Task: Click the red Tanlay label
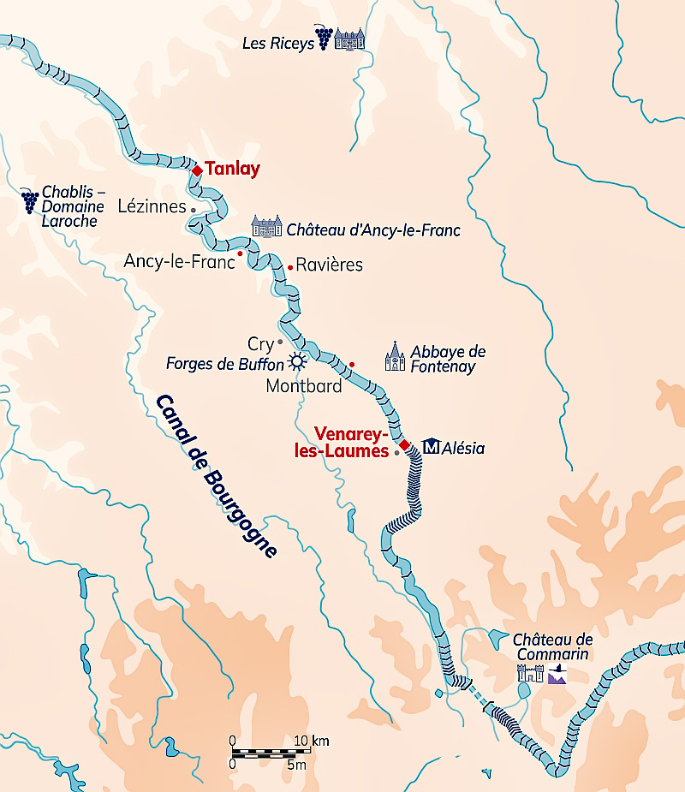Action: tap(232, 170)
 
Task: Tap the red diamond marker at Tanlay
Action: tap(197, 170)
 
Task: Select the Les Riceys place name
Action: tap(278, 44)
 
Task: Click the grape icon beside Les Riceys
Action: tap(324, 38)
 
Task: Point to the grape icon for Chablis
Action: tap(30, 202)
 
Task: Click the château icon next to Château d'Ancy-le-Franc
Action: tap(266, 227)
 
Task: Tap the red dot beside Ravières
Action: tap(290, 267)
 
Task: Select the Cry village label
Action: tap(259, 343)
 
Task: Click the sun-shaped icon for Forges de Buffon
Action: tap(297, 361)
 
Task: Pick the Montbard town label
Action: tap(303, 386)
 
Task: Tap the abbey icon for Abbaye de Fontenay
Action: tap(395, 357)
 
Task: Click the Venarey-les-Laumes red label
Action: tap(352, 442)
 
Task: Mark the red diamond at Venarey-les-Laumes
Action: tap(405, 444)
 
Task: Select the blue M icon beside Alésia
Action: tap(432, 447)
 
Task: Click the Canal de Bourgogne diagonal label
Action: tap(217, 476)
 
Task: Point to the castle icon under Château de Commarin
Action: tap(530, 673)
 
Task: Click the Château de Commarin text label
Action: tap(552, 647)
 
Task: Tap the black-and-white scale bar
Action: tap(265, 753)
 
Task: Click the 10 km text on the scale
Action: tap(312, 741)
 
